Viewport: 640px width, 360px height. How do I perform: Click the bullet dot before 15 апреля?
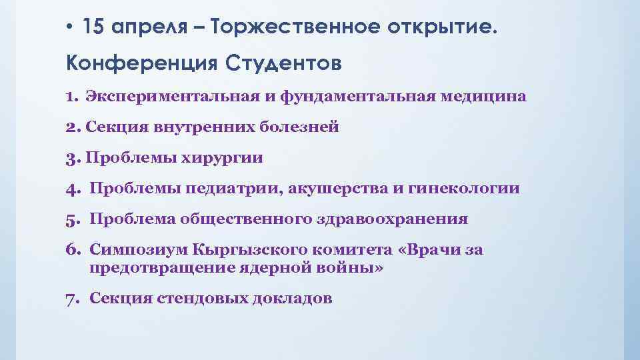pyautogui.click(x=69, y=28)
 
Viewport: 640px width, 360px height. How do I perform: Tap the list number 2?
pyautogui.click(x=71, y=127)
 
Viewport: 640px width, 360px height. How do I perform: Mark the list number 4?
pyautogui.click(x=71, y=189)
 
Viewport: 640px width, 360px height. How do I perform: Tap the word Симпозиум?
pyautogui.click(x=137, y=250)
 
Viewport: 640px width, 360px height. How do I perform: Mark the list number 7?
pyautogui.click(x=71, y=298)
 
